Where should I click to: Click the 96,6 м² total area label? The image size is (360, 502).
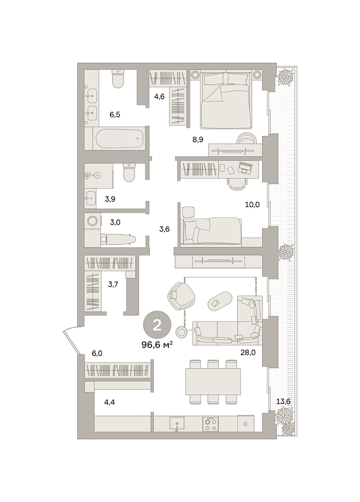pos(157,345)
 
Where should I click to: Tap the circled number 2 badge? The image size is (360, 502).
pos(157,325)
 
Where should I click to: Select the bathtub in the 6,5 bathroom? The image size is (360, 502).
pos(119,139)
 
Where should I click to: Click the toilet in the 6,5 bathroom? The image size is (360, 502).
pos(118,79)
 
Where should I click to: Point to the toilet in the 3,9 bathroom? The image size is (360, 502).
pos(129,173)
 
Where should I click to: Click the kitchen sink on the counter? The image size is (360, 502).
pos(177,424)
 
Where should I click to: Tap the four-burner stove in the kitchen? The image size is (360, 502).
pos(210,424)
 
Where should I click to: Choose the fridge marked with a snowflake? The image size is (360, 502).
pos(245,424)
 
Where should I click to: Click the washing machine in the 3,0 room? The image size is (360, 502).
pos(93,221)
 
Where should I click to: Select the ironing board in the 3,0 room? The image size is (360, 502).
pos(118,239)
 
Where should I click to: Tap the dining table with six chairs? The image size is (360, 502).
pos(213,381)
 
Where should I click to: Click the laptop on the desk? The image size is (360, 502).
pos(245,167)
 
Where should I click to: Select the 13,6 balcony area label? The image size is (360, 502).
pos(283,401)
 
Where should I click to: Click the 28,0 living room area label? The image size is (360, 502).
pos(248,352)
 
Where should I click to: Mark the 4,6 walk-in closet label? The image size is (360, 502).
pos(159,96)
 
